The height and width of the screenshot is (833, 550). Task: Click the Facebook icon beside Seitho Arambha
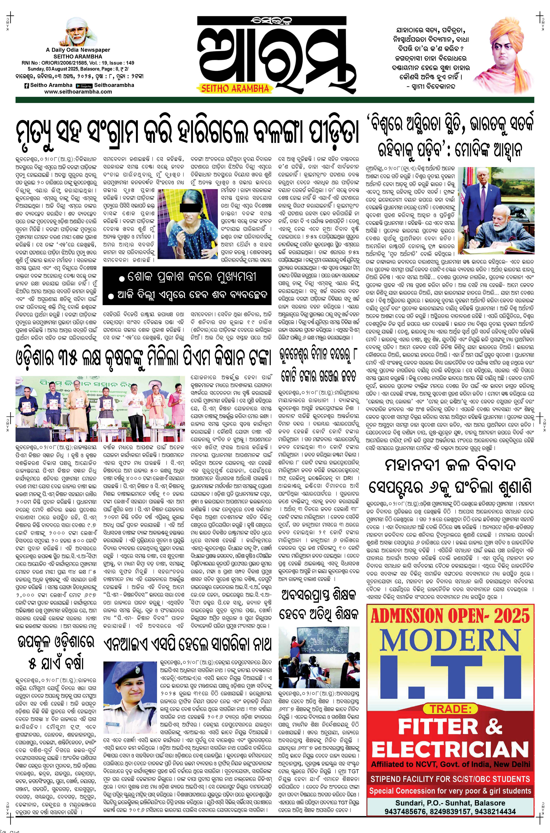pyautogui.click(x=26, y=85)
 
